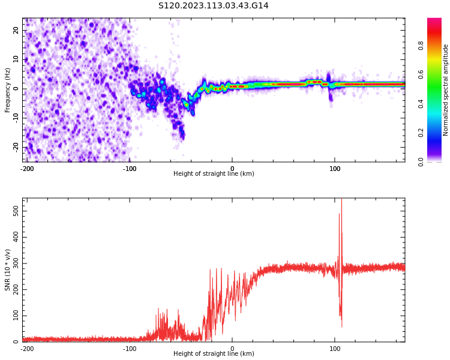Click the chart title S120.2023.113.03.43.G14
214,6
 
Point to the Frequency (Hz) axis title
8,89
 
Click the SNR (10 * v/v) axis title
8,270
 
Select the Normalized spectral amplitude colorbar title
446,89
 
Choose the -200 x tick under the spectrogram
27,169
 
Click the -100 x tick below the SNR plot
130,349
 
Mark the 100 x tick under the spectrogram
335,169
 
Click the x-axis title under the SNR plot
214,354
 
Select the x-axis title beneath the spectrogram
214,174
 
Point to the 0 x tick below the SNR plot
232,349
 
